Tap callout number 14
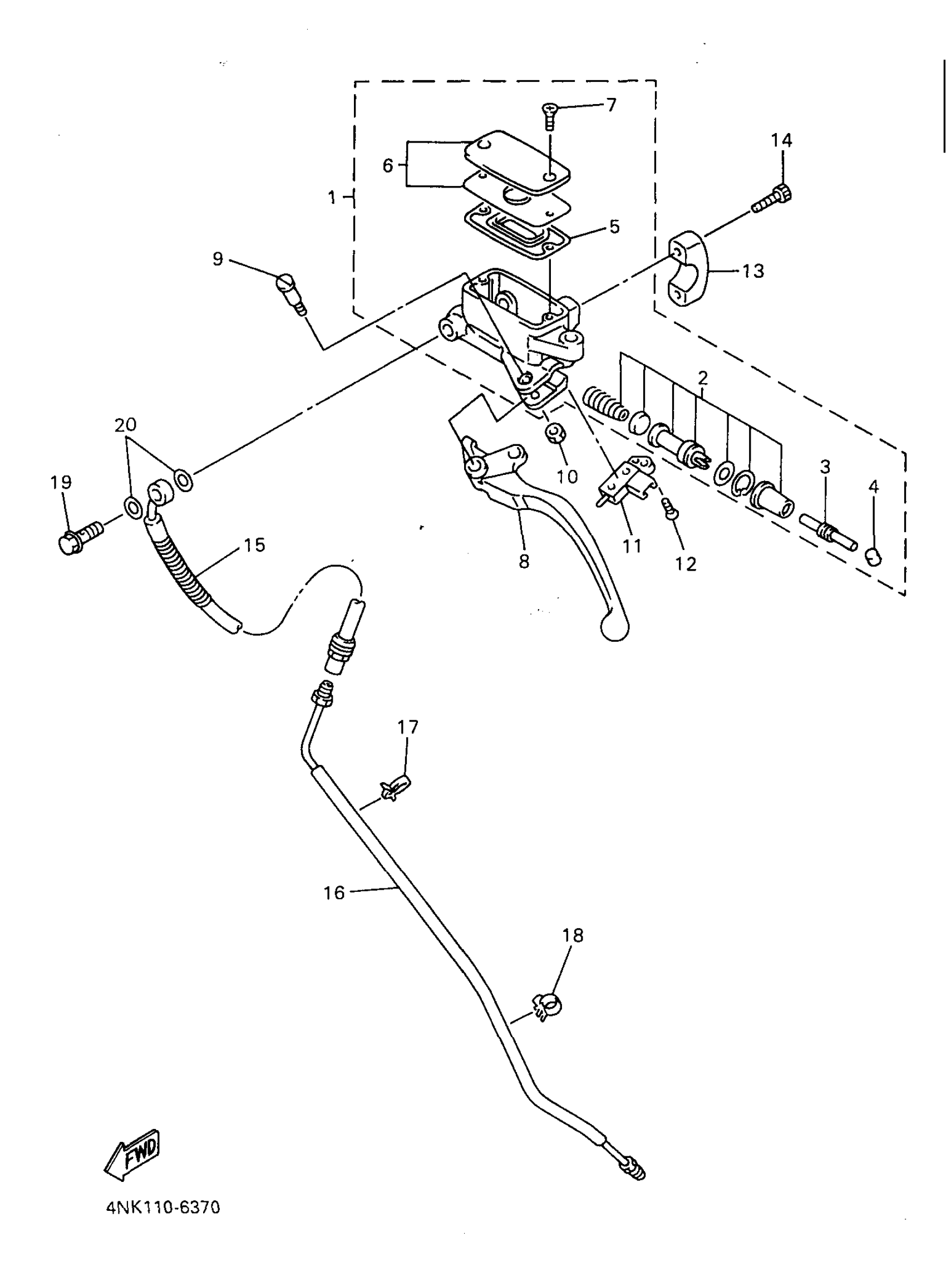pos(781,140)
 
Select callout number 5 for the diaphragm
pos(614,226)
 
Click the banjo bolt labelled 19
pos(79,536)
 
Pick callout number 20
pos(125,425)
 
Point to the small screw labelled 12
pos(670,508)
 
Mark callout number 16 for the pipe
pos(334,892)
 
